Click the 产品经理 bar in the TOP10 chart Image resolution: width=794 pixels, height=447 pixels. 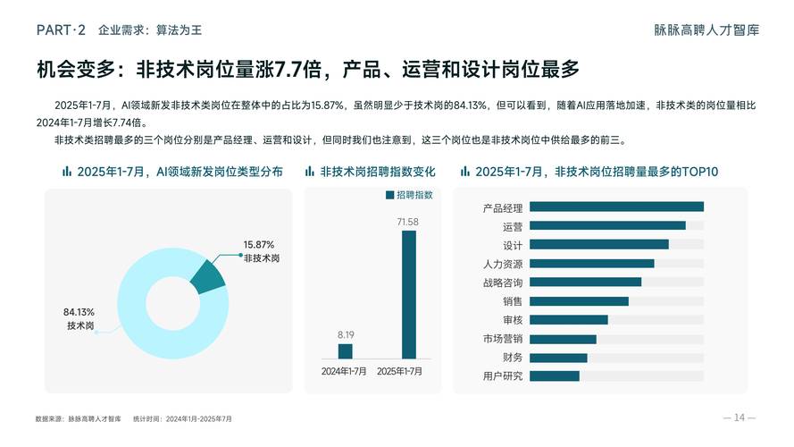tap(616, 207)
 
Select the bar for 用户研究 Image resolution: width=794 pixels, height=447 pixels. tap(555, 375)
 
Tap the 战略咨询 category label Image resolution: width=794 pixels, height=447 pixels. tap(502, 283)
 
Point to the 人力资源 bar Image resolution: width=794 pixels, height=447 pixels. tap(592, 264)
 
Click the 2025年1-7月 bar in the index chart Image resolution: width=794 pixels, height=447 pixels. tap(409, 294)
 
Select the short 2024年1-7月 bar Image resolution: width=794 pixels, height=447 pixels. tap(345, 351)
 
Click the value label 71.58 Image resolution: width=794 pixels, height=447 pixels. tap(408, 221)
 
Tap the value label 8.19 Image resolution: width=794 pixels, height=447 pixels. tap(345, 334)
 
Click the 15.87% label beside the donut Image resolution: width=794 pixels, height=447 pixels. tap(259, 244)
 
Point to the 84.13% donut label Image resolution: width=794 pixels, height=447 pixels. tap(79, 312)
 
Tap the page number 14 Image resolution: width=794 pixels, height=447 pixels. tap(740, 417)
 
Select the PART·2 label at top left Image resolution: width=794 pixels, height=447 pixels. tap(61, 30)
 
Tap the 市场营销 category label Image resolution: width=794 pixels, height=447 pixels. tap(502, 339)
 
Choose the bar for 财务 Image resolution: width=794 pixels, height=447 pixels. tap(558, 357)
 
